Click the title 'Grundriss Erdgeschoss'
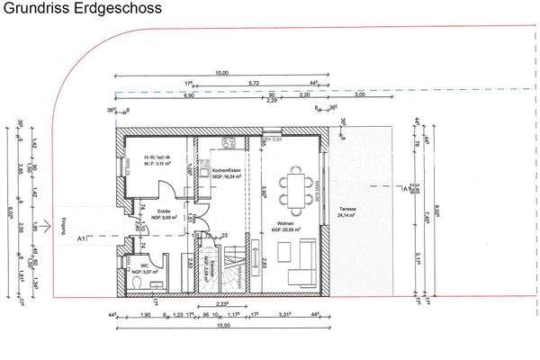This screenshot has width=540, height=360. [82, 10]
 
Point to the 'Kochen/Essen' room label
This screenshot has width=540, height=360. [225, 172]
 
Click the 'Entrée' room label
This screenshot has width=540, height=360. [157, 211]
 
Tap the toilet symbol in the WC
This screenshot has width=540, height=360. [135, 283]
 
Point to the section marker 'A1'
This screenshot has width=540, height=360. [82, 238]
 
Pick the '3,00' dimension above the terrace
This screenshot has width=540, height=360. [361, 94]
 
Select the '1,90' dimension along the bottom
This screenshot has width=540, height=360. [147, 315]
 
